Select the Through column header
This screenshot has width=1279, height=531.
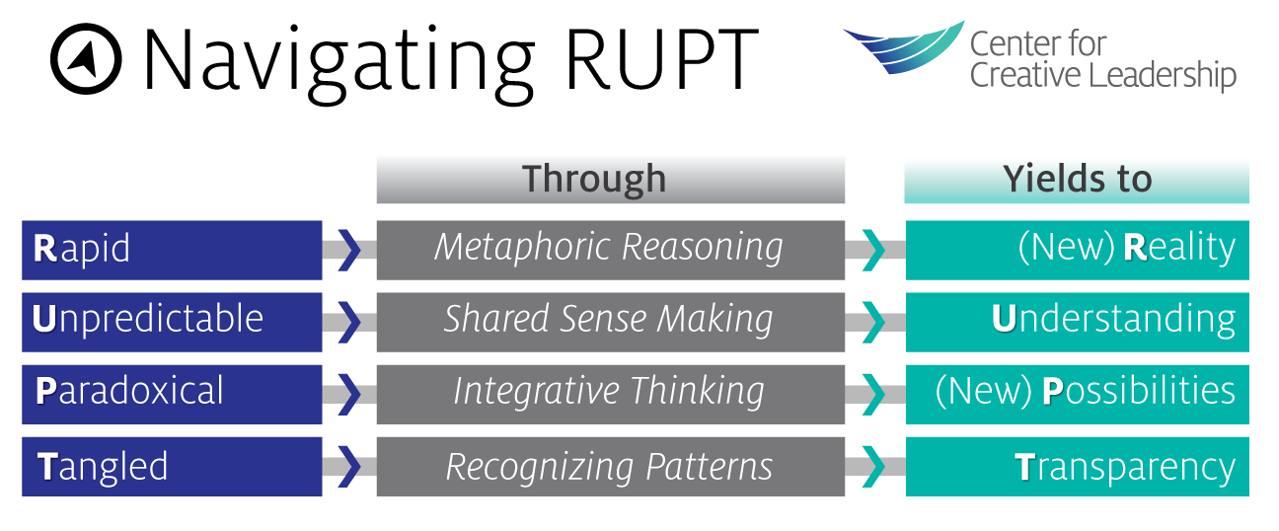[x=610, y=179]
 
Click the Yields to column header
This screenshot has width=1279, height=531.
[x=1077, y=179]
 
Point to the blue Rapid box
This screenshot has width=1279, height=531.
[x=172, y=249]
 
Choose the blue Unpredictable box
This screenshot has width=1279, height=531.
[x=172, y=321]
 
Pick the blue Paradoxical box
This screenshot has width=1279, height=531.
[x=172, y=393]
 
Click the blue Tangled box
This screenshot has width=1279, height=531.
[x=172, y=466]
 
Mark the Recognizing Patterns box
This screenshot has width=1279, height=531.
[x=610, y=466]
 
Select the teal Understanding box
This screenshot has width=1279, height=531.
[x=1077, y=321]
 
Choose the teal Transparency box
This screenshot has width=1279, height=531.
[x=1077, y=466]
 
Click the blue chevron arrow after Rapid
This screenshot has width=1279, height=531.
[x=349, y=249]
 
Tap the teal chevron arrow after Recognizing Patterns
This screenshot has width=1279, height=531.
[x=873, y=466]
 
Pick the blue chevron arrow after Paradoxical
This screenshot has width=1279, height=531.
[x=349, y=393]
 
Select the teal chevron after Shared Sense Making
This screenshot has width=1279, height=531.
[x=873, y=321]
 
